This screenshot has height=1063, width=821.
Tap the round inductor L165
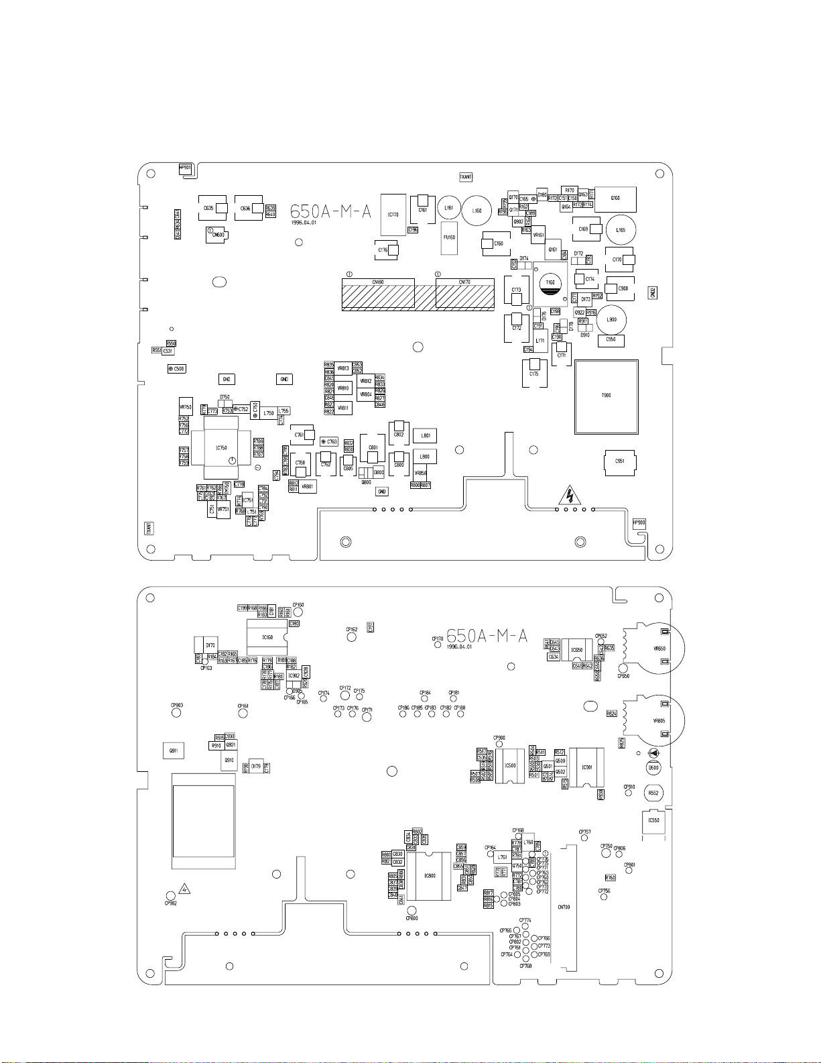point(621,229)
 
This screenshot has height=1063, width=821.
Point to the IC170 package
point(393,215)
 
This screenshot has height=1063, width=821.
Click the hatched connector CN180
point(378,295)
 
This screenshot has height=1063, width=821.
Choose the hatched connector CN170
point(464,295)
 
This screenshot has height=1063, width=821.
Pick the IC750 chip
point(221,448)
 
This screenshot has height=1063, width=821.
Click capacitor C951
point(620,461)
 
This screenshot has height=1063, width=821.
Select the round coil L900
point(611,320)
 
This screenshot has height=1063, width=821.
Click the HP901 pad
point(186,169)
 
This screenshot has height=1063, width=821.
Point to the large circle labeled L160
point(477,211)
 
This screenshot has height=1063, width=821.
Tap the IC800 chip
point(430,876)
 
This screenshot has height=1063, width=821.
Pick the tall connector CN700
point(564,907)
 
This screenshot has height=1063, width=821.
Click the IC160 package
point(267,637)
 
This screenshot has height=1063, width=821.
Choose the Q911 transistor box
point(174,751)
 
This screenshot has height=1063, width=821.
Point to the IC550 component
point(654,821)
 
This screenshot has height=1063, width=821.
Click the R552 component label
point(653,793)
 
